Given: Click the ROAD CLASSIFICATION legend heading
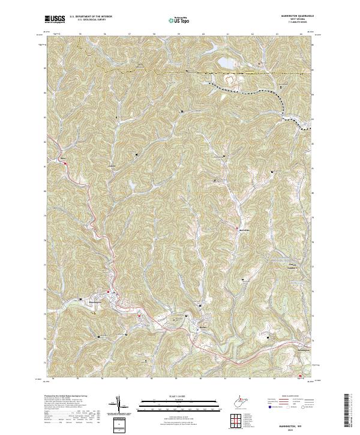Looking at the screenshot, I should (x=288, y=397).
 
